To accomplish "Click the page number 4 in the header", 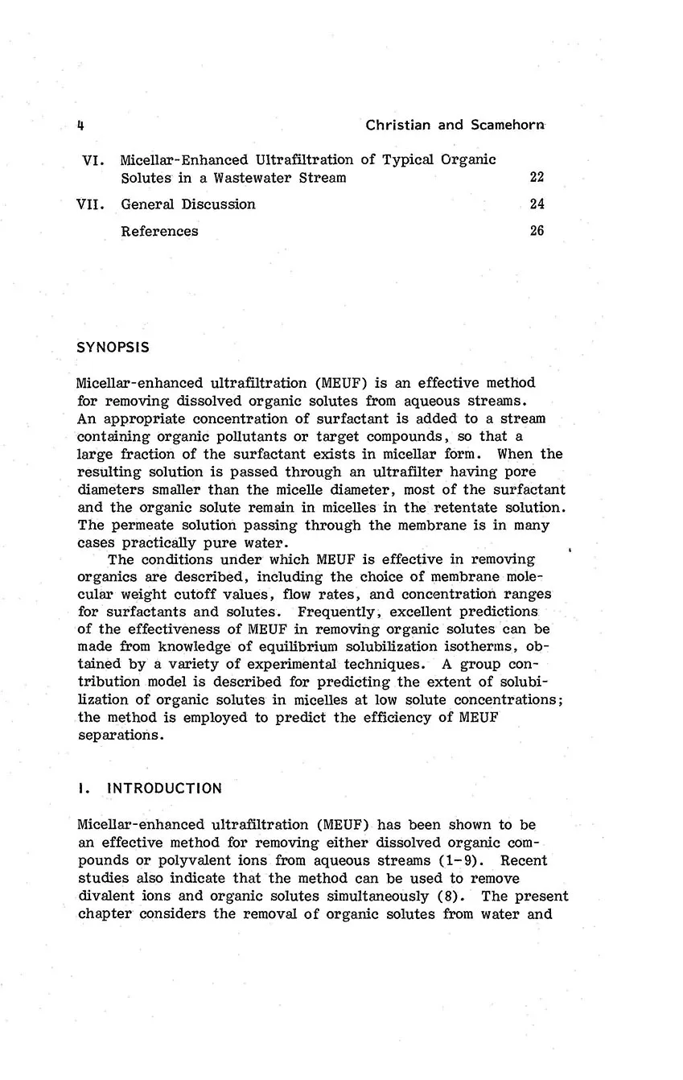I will point(81,125).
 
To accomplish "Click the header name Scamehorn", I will point(507,125).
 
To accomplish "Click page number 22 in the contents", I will point(537,178).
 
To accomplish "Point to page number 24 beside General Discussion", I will point(537,204).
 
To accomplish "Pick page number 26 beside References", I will point(537,231).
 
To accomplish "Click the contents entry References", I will point(159,231).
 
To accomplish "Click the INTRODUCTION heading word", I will point(164,788).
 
